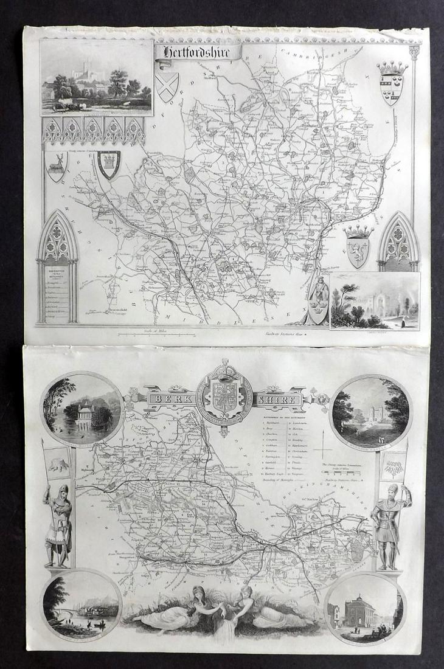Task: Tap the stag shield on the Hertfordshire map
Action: pos(57,166)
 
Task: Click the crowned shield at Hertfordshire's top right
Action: pos(392,81)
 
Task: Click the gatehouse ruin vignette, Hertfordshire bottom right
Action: pos(375,300)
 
